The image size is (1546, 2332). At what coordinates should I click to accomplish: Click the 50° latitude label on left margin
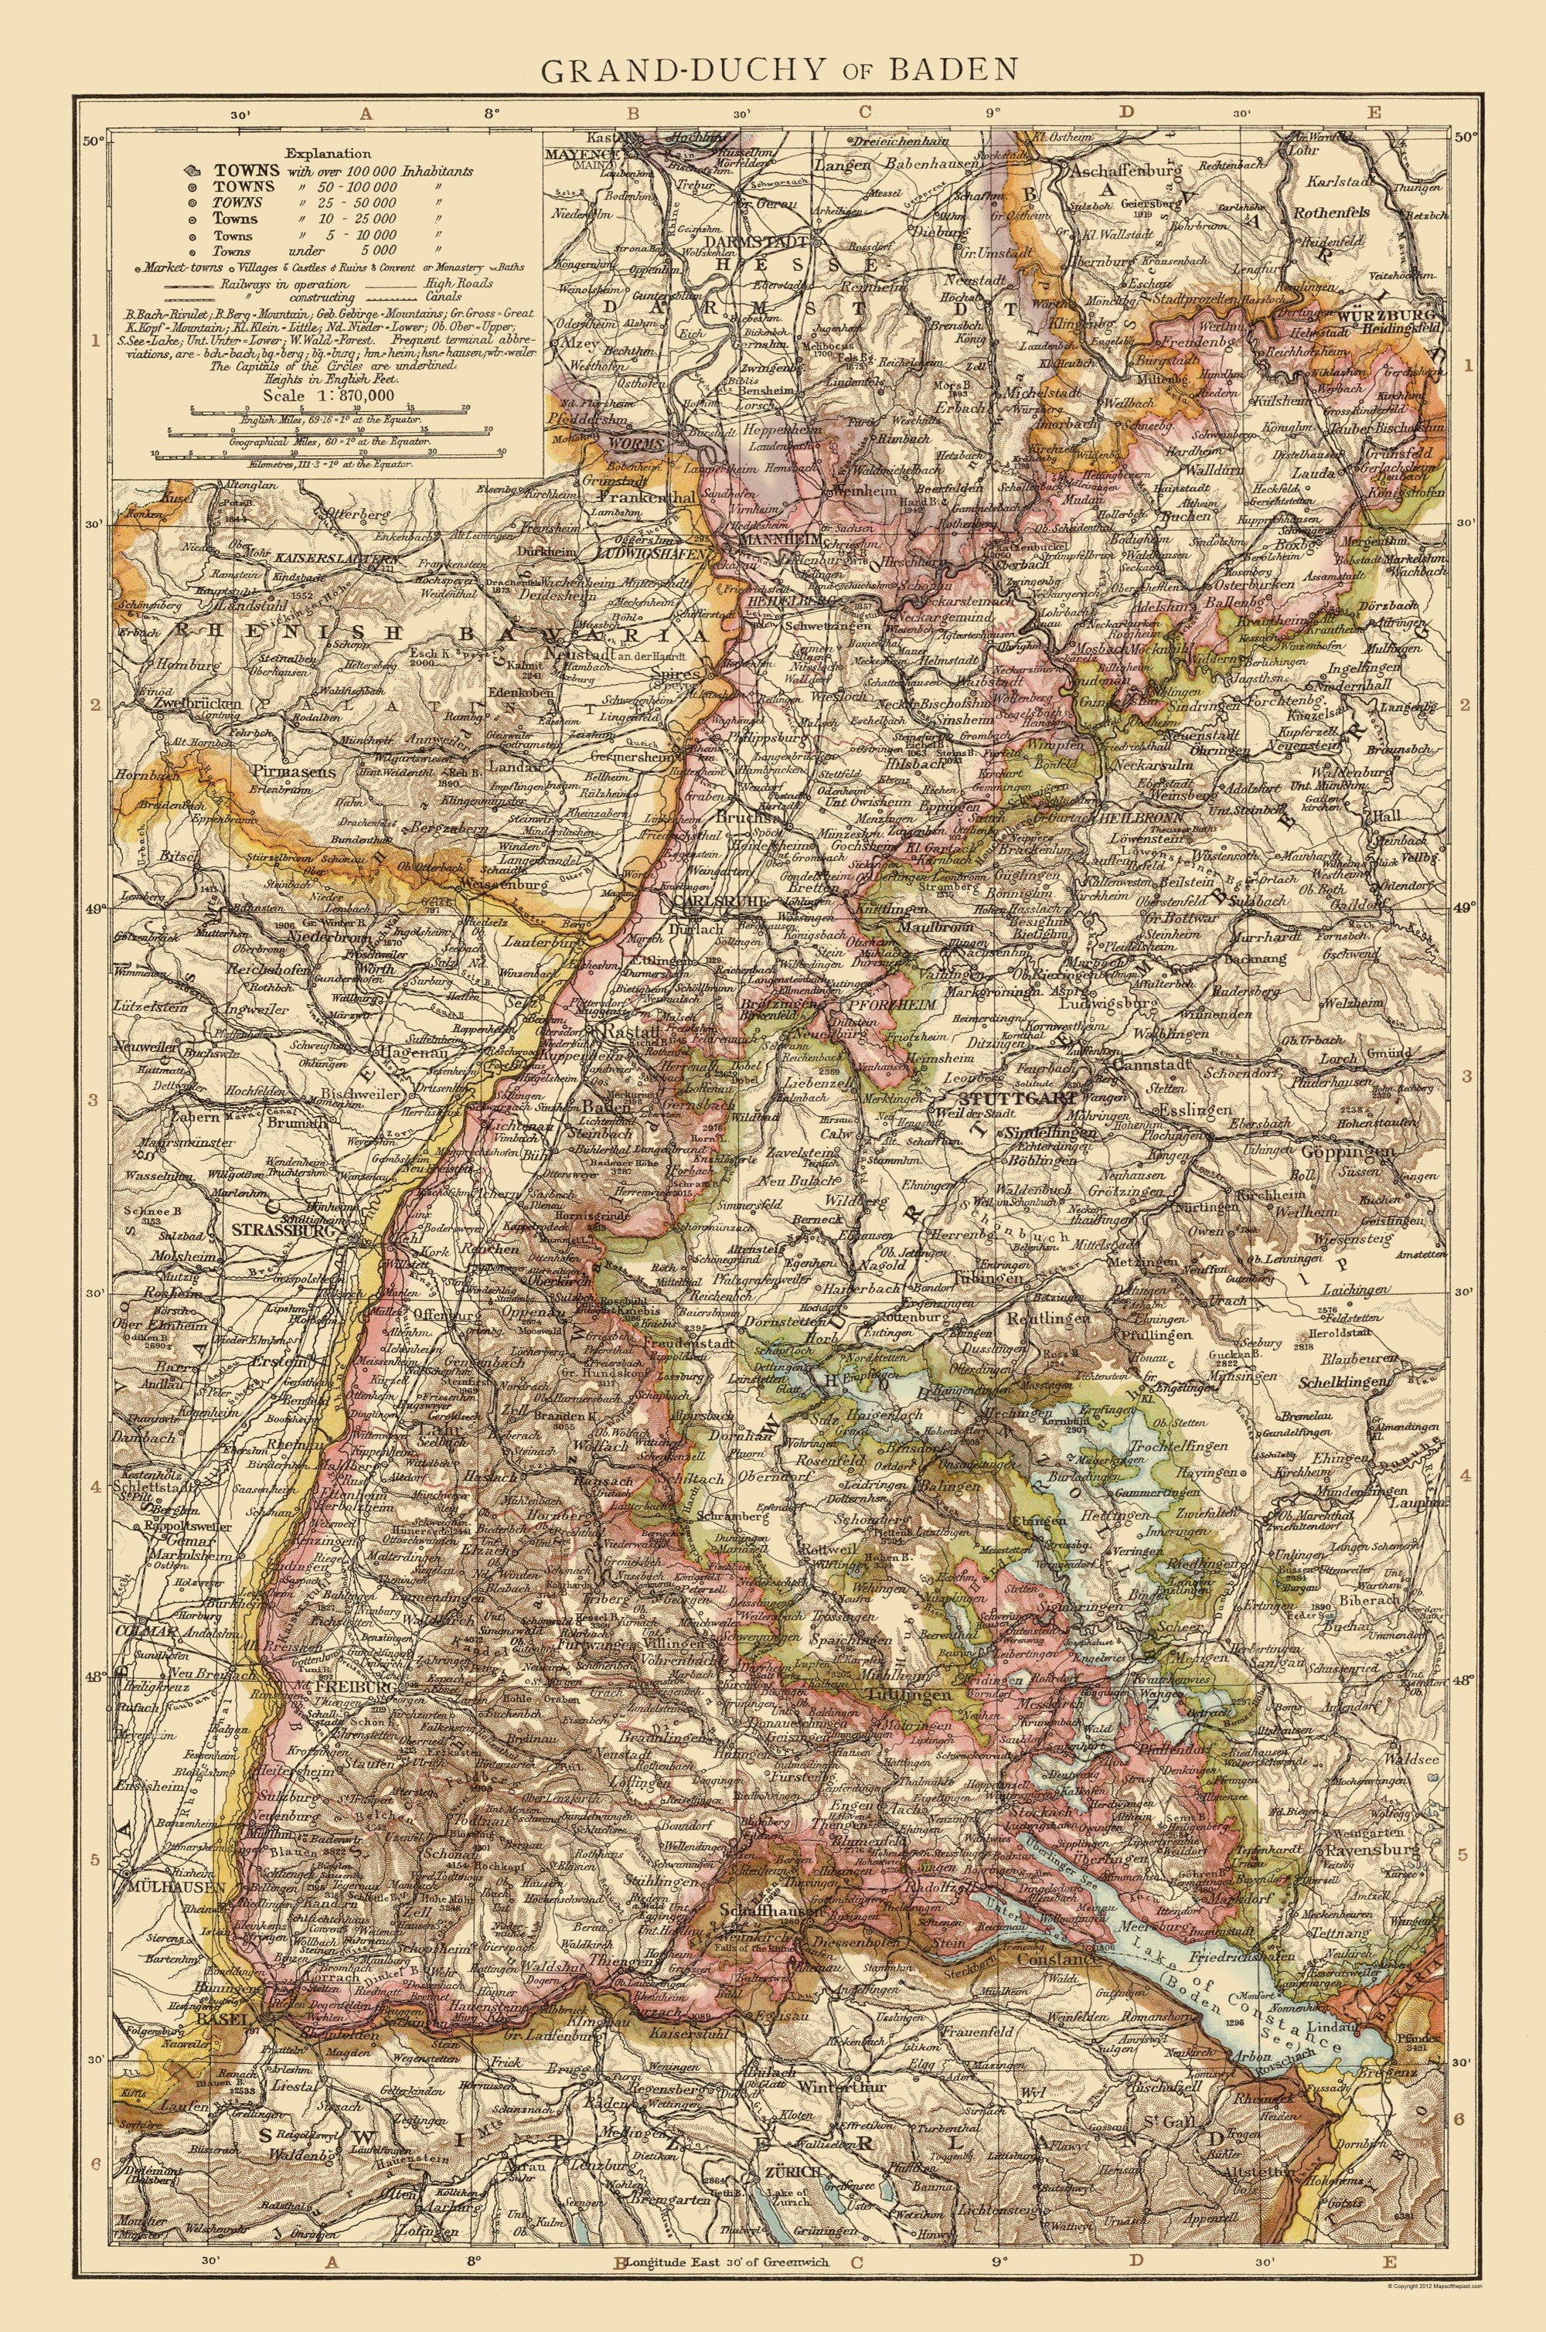pyautogui.click(x=92, y=141)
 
